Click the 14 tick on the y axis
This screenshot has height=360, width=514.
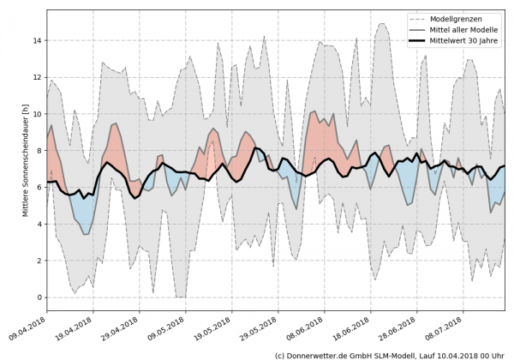click(37, 40)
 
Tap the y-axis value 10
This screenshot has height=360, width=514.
click(37, 114)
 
